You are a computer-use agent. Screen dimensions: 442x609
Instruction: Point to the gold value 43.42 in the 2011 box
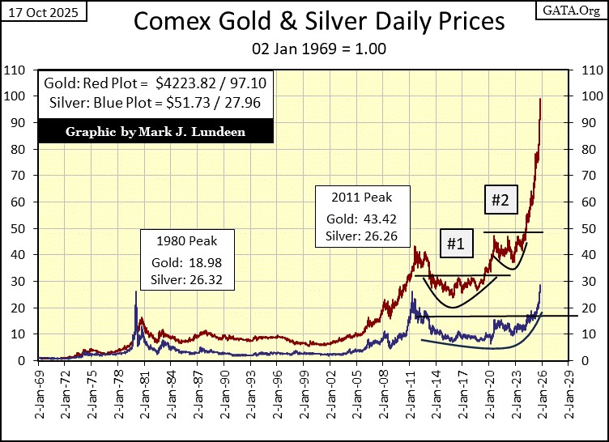point(380,219)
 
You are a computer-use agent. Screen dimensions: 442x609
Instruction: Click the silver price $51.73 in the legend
point(207,102)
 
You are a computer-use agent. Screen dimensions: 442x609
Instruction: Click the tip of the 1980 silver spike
point(135,291)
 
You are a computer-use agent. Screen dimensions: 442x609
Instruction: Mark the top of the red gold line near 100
point(540,100)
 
